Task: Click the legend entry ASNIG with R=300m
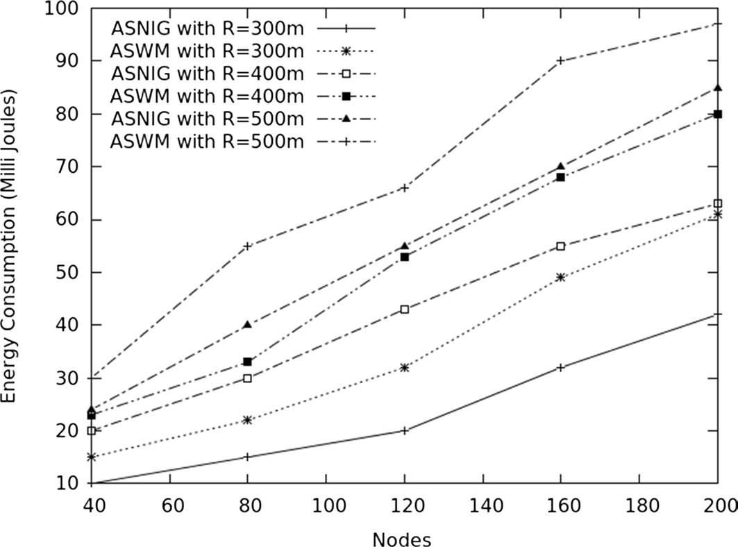click(207, 28)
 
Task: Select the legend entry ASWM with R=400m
click(207, 95)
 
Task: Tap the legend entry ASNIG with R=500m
click(207, 118)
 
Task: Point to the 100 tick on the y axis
click(64, 9)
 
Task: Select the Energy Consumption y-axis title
click(10, 246)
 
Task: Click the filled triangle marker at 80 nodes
click(248, 325)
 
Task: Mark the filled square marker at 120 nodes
click(404, 257)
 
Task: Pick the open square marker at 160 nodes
click(560, 246)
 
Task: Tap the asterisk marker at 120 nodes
click(404, 368)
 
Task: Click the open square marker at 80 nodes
click(248, 378)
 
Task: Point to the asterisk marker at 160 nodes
click(560, 278)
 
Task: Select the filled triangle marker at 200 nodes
click(717, 88)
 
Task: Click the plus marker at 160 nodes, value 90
click(560, 61)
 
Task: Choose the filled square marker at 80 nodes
click(248, 362)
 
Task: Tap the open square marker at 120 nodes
click(404, 310)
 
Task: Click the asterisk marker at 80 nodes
click(248, 420)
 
